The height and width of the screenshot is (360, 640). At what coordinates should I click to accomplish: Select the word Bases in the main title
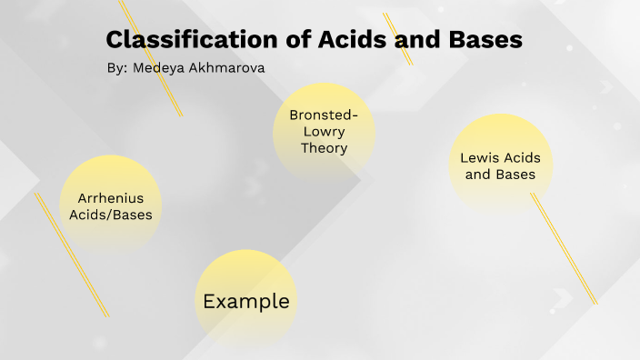point(482,40)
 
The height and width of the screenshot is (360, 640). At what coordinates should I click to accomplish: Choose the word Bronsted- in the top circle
point(324,115)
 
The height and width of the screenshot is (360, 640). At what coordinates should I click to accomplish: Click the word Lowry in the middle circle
point(324,132)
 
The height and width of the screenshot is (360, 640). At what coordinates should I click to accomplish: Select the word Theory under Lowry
point(324,147)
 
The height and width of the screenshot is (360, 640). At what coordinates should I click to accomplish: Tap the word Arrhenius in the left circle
point(111,198)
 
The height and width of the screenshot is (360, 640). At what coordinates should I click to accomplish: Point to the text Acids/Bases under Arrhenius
point(111,215)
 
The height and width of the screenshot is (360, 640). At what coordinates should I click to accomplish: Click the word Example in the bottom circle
point(246,301)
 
